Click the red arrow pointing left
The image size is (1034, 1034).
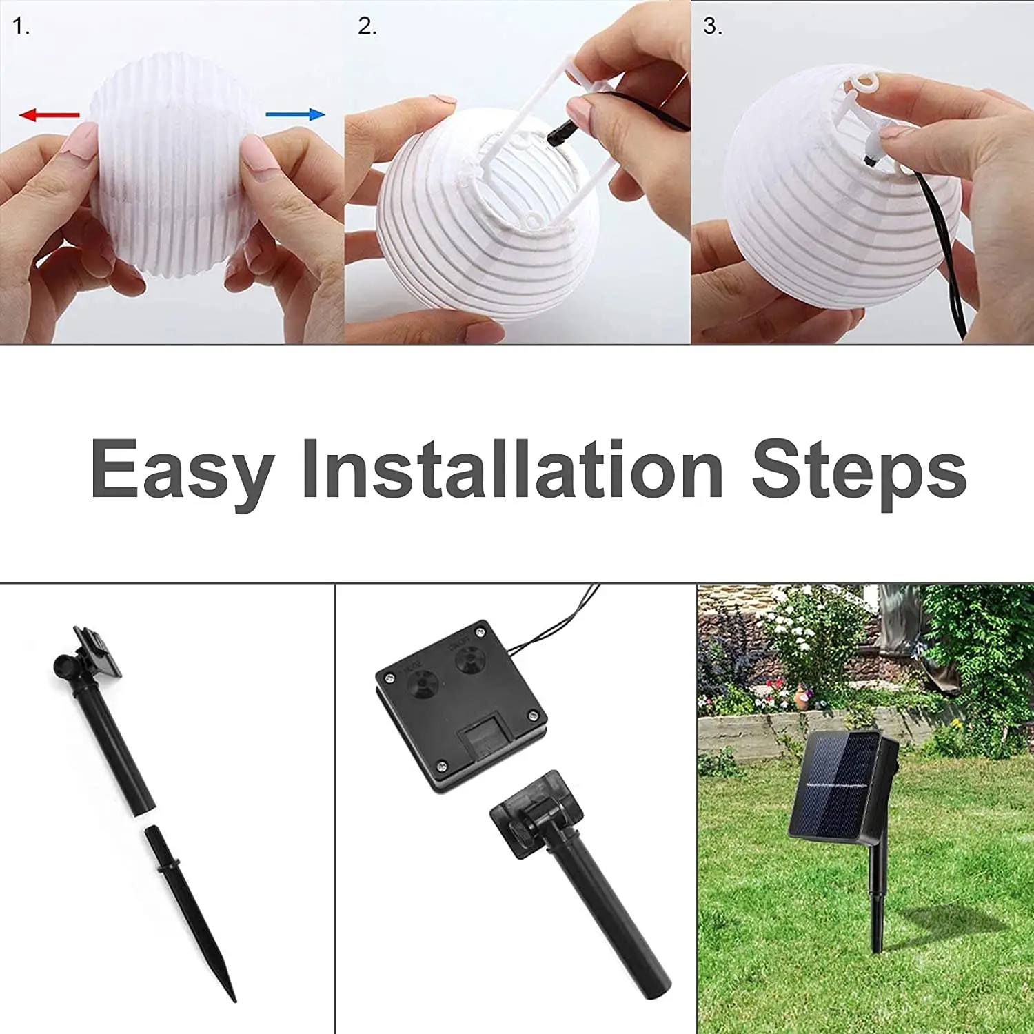[x=48, y=114]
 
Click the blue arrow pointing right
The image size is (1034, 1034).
[x=295, y=114]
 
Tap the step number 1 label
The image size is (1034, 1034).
[x=21, y=27]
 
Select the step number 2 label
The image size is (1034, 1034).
[x=367, y=27]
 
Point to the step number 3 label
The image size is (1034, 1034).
[x=712, y=27]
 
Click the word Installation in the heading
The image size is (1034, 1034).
[x=512, y=469]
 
